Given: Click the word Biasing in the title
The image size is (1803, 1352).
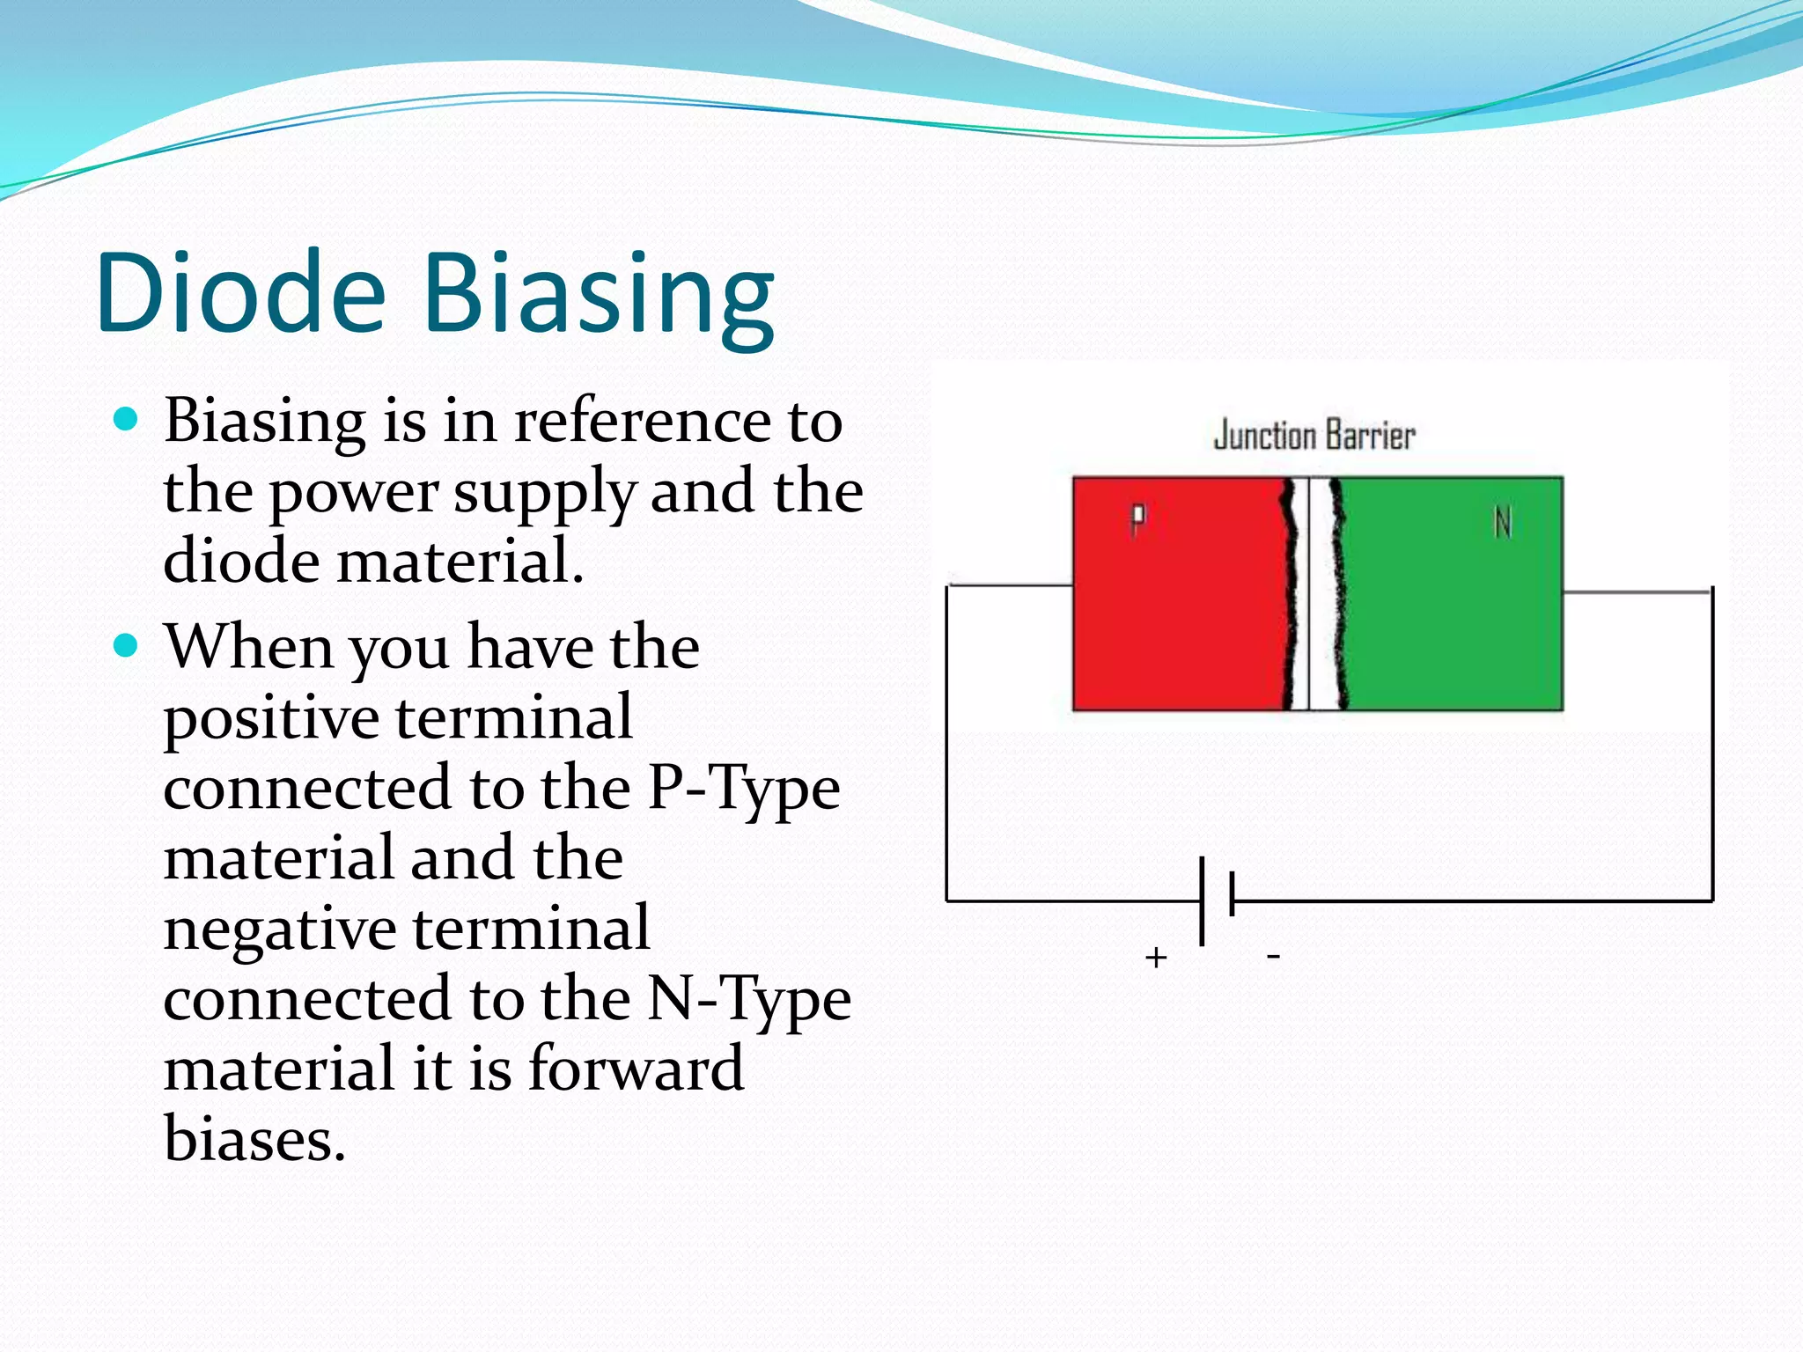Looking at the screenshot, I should coord(599,295).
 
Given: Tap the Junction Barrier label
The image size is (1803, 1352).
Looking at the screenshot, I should coord(1314,436).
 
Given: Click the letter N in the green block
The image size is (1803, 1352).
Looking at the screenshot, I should coord(1503,523).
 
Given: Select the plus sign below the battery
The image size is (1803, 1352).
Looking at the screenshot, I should coord(1156,957).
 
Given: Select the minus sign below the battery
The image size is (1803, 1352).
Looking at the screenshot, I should coord(1273,955).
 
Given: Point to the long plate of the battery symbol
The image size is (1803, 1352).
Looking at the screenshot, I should coord(1203,900).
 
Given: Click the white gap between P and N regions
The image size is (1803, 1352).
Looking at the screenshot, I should coord(1319,594).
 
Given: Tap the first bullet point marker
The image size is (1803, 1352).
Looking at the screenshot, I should coord(127,419).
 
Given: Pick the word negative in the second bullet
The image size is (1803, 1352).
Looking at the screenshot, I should coord(280,929).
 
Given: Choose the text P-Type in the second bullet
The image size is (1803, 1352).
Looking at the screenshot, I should coord(744,788).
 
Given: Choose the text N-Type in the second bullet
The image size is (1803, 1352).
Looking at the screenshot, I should coord(749,999).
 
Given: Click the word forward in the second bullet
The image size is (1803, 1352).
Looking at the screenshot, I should coord(636,1069).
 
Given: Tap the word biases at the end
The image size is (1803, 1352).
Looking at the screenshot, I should coord(254,1139).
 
